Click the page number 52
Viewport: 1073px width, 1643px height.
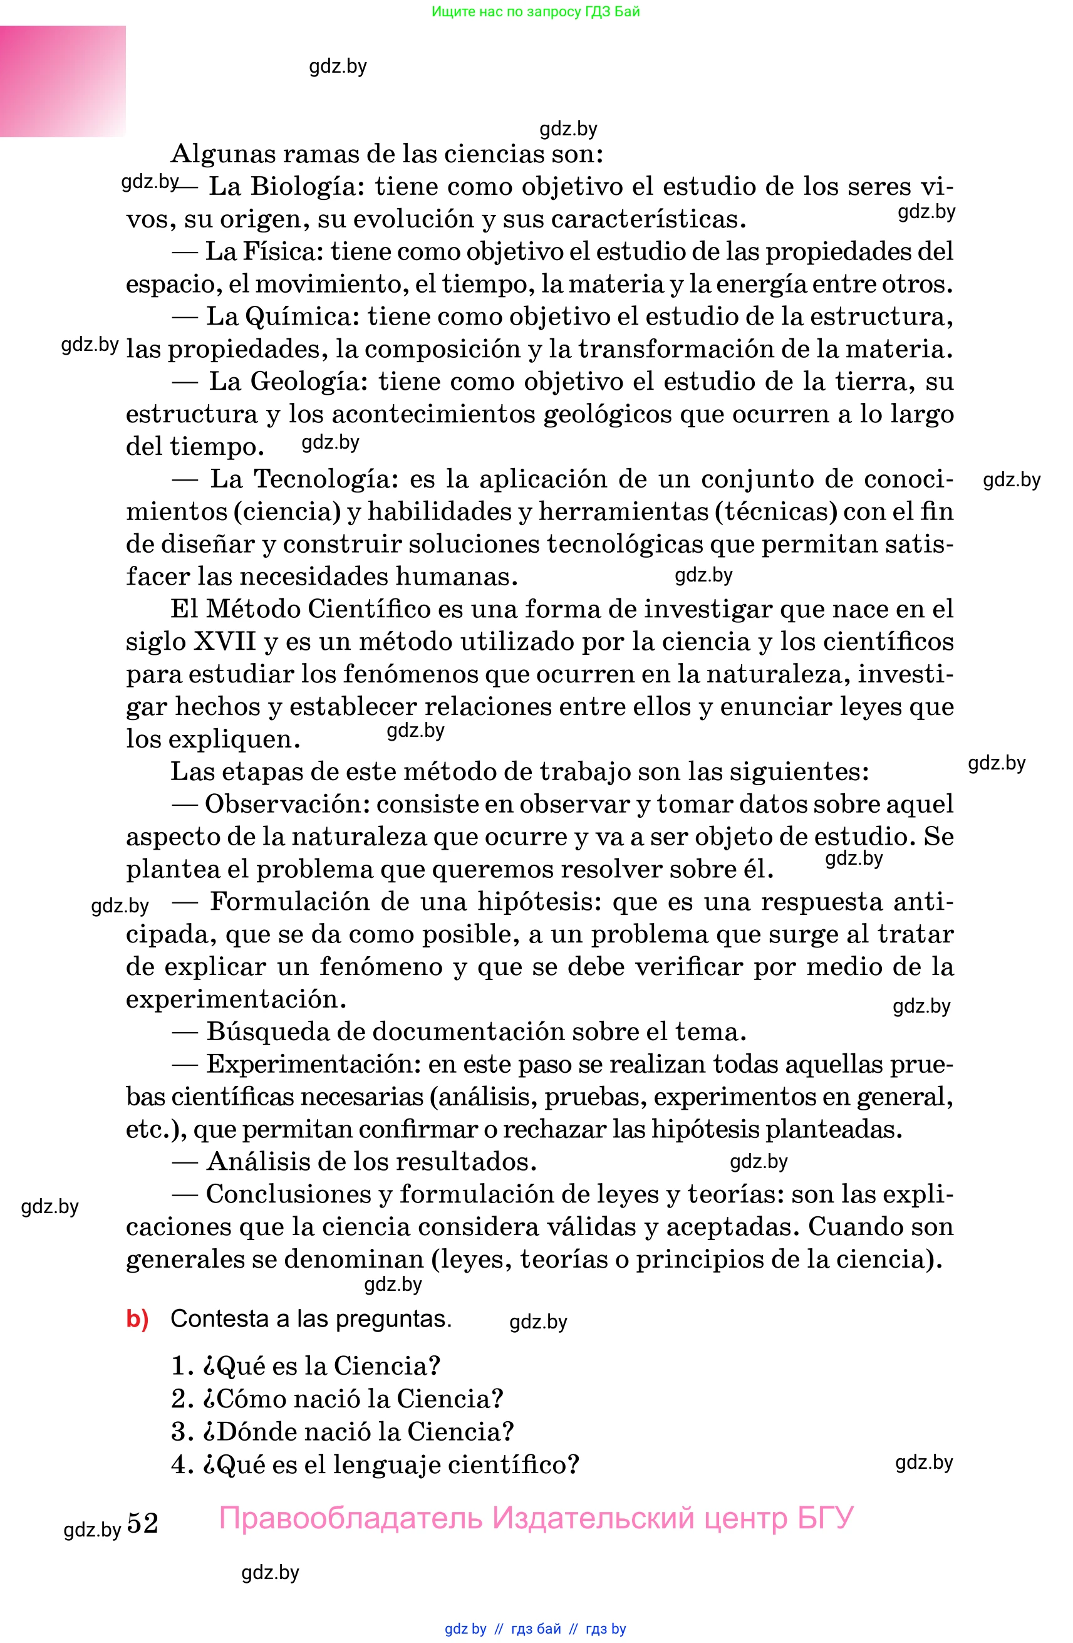(143, 1523)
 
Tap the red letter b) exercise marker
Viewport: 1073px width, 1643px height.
(137, 1318)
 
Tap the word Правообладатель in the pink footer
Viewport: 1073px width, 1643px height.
(351, 1519)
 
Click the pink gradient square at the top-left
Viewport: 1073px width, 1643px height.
(63, 81)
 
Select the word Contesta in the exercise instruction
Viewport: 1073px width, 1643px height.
(219, 1318)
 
